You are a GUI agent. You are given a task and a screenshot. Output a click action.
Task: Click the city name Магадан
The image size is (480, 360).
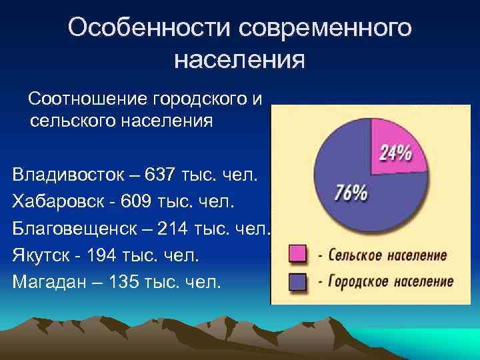pos(48,281)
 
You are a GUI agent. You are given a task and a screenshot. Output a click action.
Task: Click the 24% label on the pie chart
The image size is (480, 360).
pos(395,153)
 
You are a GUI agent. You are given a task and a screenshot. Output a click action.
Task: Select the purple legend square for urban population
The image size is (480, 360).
pos(297,281)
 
